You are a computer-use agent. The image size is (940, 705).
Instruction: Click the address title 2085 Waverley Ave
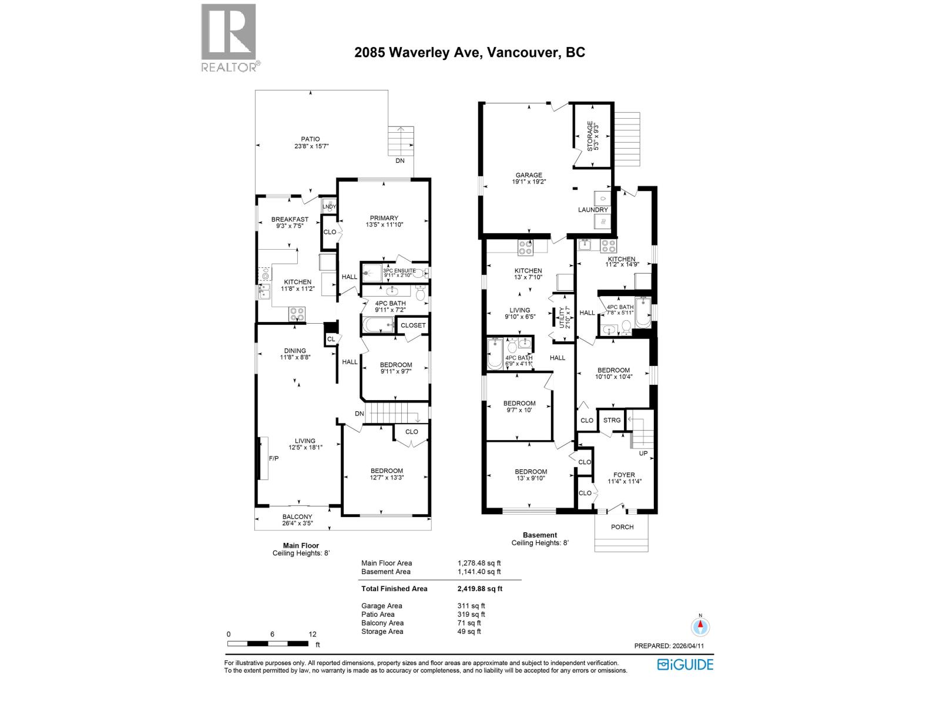pos(469,52)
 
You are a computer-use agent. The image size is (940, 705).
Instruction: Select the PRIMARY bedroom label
pos(384,218)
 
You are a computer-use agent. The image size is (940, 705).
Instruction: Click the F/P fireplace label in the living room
pos(273,458)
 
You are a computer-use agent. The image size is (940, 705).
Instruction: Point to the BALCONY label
pos(297,517)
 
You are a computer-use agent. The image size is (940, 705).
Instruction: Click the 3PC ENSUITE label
pos(399,271)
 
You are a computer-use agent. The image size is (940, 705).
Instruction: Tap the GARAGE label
pos(529,175)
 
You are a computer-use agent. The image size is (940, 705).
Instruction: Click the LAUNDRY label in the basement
pos(592,210)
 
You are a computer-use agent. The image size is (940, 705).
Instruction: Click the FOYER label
pos(624,475)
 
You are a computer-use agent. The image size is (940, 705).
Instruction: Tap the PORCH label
pos(622,527)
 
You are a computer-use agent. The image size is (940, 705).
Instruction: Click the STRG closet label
pos(612,420)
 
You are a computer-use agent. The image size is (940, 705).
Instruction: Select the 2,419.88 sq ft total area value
pos(480,589)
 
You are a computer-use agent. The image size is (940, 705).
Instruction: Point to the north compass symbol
pos(699,626)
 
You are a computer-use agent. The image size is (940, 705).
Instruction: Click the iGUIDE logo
pos(685,664)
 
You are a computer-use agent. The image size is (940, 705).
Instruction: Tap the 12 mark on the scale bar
pos(313,634)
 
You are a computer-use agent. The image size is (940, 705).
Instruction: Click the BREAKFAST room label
pos(290,219)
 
